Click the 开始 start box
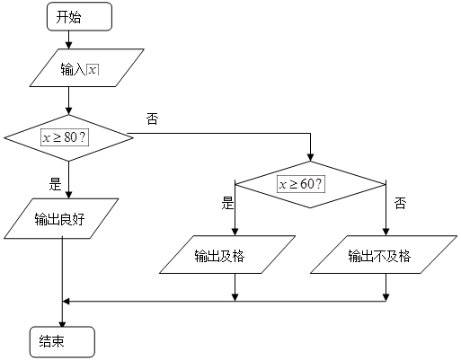[79, 16]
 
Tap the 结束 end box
[62, 342]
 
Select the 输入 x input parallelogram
[87, 68]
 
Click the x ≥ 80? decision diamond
[68, 138]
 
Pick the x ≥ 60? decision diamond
[310, 184]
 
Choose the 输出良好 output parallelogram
[61, 218]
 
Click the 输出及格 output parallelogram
[227, 254]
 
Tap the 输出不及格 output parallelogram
[384, 254]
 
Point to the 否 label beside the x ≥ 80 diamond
[152, 119]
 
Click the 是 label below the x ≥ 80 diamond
[55, 184]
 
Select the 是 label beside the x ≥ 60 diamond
[227, 203]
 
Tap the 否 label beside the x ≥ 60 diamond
[400, 203]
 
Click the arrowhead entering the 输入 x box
[68, 46]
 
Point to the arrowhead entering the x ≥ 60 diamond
[311, 157]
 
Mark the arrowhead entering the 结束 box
[62, 323]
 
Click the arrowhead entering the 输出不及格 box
[386, 232]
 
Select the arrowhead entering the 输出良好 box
[68, 195]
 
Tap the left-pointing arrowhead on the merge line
[66, 301]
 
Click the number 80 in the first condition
[70, 137]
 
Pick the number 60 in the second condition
[306, 184]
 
